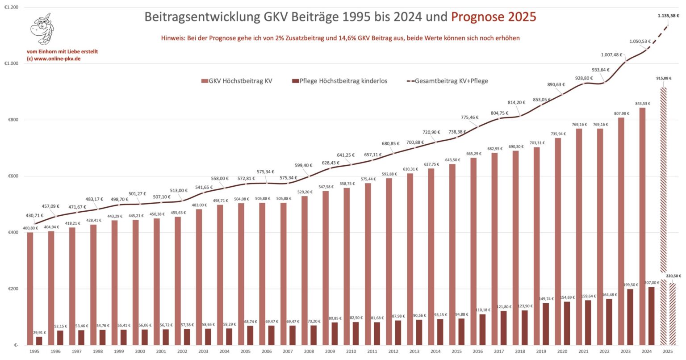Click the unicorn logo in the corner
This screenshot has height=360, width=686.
[x=44, y=29]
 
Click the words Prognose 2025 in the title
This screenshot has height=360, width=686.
[x=493, y=17]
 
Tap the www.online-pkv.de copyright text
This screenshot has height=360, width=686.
[x=54, y=59]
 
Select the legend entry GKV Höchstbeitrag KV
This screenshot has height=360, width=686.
[x=237, y=81]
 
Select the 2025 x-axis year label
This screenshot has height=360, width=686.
[x=669, y=352]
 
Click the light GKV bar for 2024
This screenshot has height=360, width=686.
[x=642, y=226]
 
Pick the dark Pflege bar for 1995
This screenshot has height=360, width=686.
[x=39, y=340]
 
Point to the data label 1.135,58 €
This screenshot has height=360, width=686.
[x=668, y=15]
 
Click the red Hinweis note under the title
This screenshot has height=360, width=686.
[x=340, y=38]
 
